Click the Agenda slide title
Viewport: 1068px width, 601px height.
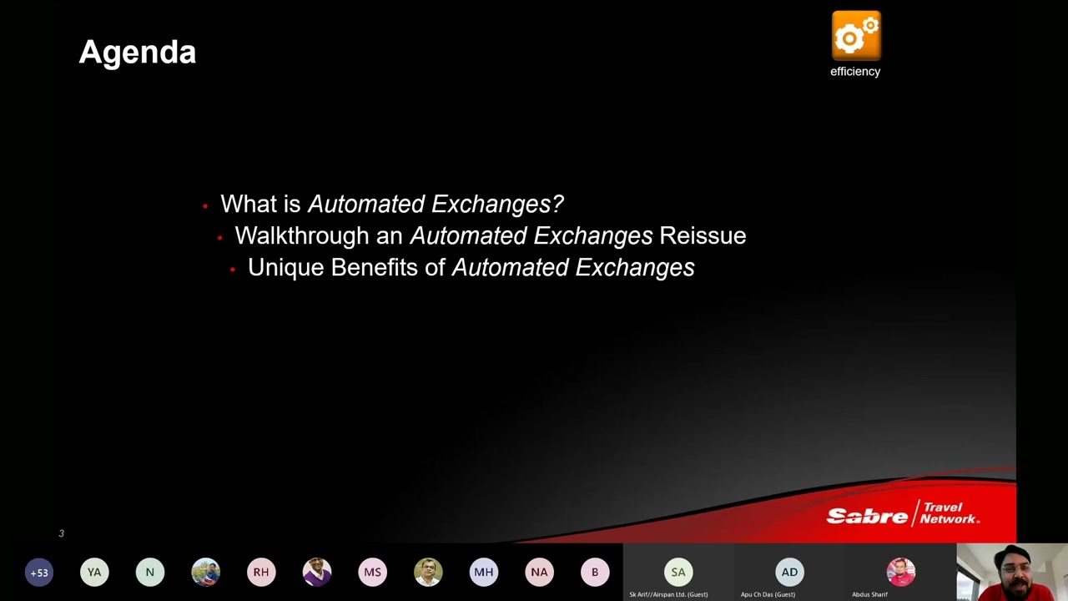tap(138, 53)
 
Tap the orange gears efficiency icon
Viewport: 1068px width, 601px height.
tap(856, 36)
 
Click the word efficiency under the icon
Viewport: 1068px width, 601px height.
tap(855, 72)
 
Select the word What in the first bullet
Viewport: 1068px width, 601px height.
tap(249, 204)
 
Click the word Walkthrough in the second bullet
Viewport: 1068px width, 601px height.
tap(301, 235)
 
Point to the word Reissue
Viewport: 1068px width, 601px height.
tap(703, 235)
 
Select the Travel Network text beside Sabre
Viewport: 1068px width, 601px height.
tap(949, 513)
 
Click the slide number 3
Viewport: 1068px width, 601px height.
tap(61, 533)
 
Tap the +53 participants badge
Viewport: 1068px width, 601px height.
tap(38, 573)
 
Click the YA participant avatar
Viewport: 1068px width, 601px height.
tap(94, 573)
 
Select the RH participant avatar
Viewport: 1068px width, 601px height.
tap(261, 573)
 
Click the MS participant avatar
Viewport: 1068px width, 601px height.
tap(372, 573)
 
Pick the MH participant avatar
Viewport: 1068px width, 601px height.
tap(484, 573)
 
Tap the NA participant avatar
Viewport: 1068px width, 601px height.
tap(539, 573)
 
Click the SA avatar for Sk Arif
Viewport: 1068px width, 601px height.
tap(678, 572)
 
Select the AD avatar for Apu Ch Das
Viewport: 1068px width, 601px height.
tap(789, 572)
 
